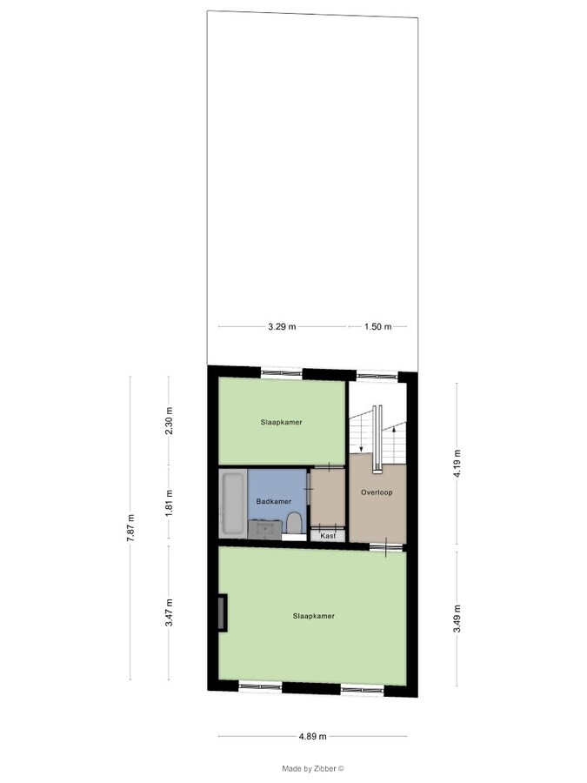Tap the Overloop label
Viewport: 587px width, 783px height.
pos(377,492)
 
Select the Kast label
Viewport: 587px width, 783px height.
pos(328,536)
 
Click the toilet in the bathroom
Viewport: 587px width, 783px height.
pos(294,523)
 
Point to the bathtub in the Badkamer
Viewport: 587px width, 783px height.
pos(233,504)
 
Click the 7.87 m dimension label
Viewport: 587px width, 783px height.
pos(130,528)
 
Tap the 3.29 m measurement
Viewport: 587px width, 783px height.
pos(282,327)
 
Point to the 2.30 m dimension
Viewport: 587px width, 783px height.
pos(170,421)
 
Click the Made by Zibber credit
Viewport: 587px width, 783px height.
pos(313,768)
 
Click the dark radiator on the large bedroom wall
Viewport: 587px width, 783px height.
pos(223,612)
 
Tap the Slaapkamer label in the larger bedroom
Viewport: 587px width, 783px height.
pos(313,616)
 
